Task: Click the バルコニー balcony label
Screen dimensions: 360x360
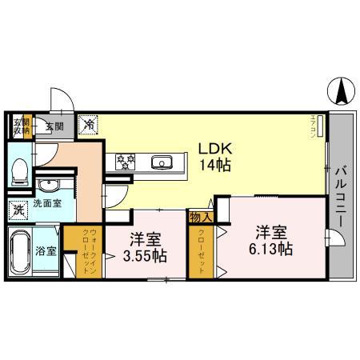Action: [342, 195]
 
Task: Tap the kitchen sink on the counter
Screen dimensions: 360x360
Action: [162, 163]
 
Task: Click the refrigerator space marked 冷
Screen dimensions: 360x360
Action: [90, 125]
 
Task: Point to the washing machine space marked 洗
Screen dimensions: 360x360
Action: [18, 211]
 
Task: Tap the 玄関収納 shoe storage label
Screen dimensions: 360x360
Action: [18, 126]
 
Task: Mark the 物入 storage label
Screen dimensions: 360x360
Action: [199, 216]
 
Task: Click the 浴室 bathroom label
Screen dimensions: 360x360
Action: [46, 251]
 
